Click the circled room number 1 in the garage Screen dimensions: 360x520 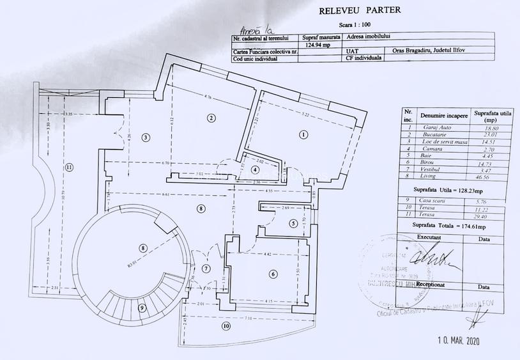pos(303,134)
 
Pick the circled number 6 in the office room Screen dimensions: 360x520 pos(273,274)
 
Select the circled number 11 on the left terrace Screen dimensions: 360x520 pos(68,168)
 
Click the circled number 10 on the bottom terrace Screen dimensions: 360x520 pos(225,327)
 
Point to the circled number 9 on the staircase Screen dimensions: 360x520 pos(142,308)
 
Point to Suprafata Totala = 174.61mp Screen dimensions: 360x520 pos(448,226)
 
